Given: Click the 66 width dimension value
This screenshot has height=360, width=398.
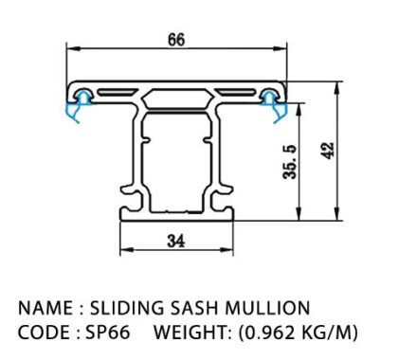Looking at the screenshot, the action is [176, 40].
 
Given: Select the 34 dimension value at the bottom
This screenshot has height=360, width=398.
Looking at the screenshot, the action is [176, 241].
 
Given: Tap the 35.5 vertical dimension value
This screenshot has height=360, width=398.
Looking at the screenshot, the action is [290, 162].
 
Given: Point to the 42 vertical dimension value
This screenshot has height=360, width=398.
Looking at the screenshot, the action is [328, 151].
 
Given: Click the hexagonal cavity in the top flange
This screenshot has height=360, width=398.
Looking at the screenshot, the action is [176, 99].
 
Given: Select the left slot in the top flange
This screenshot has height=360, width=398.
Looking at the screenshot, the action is [117, 92].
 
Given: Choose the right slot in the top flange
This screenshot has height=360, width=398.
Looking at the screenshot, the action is [236, 92].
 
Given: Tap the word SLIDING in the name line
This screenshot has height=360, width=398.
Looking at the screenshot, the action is [127, 308].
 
